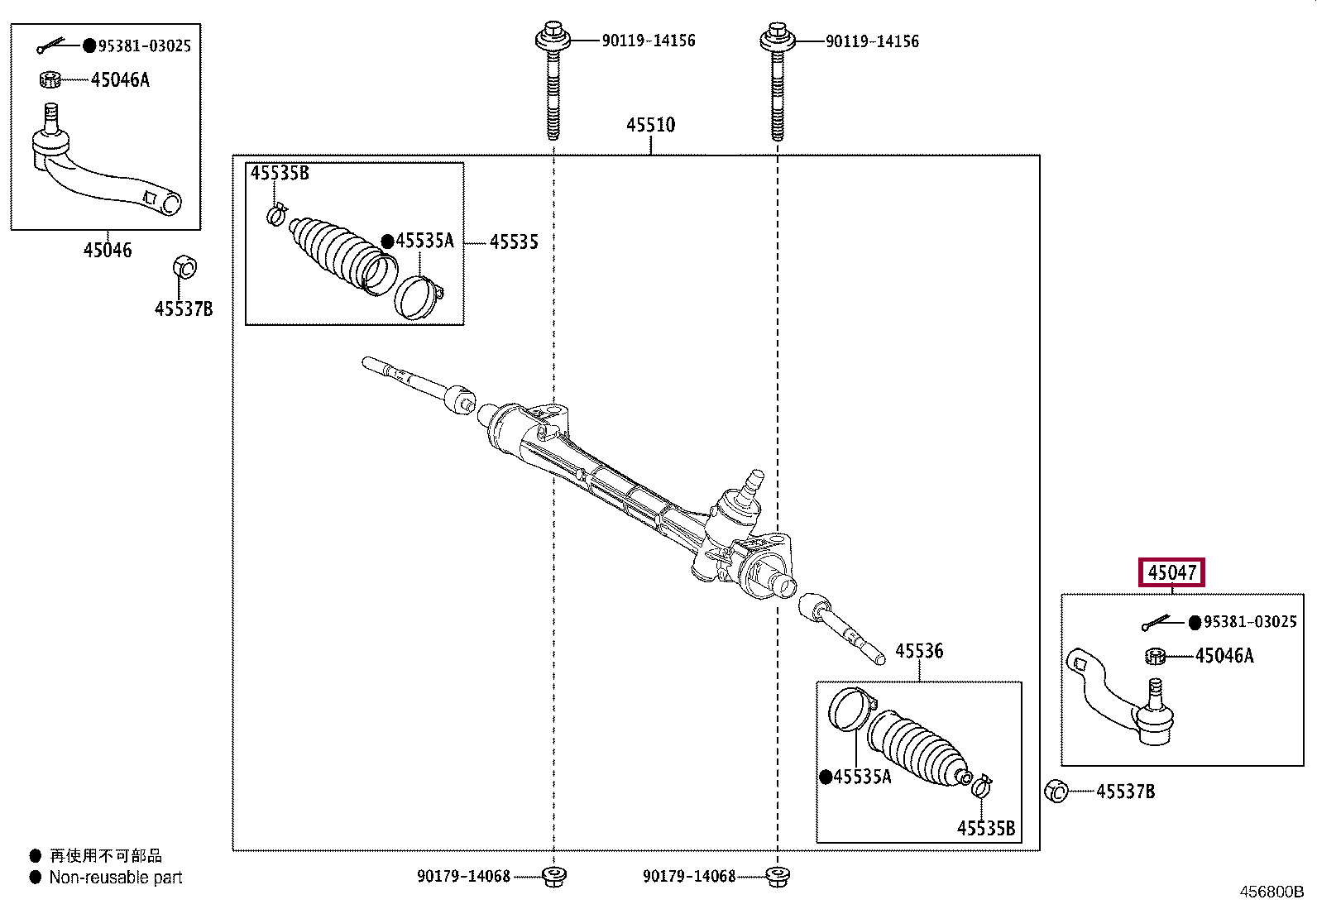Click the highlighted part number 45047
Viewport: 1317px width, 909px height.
pos(1171,572)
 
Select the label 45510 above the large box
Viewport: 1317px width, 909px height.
pos(651,125)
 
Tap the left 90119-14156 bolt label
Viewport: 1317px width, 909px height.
pos(649,41)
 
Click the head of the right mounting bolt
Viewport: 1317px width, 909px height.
pos(778,37)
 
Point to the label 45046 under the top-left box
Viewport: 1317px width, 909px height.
pos(107,250)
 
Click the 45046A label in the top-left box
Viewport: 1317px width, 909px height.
pos(120,79)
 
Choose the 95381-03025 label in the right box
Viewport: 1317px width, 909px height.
pos(1250,621)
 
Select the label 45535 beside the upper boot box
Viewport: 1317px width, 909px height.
pos(514,242)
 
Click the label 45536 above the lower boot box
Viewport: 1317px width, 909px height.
pos(919,651)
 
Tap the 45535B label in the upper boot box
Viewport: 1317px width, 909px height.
pos(280,173)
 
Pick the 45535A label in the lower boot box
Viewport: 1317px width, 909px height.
pos(862,777)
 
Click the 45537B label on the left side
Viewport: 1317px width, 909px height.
pos(184,309)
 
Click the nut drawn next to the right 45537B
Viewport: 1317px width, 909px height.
pos(1056,791)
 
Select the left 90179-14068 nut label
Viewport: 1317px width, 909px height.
pos(464,876)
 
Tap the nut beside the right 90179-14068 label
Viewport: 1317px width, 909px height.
pos(778,877)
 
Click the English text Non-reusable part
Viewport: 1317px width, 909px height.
pos(115,878)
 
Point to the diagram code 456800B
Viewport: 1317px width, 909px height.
pos(1272,892)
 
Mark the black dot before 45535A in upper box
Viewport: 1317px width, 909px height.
pos(387,241)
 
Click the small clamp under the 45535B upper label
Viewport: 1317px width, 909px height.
pos(276,214)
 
